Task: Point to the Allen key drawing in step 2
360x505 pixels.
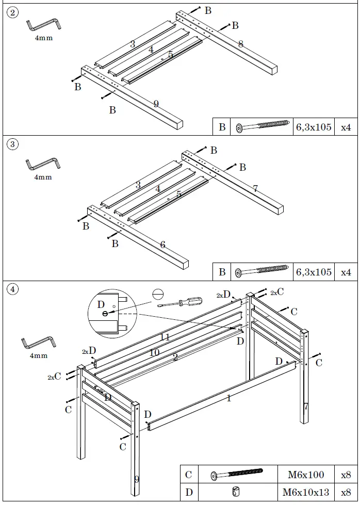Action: tap(43, 25)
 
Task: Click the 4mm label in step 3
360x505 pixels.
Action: tap(43, 177)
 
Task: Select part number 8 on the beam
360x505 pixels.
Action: tap(240, 44)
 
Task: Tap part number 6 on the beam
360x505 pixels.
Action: tap(162, 245)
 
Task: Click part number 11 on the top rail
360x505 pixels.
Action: tap(165, 337)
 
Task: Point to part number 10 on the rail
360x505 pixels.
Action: tap(154, 352)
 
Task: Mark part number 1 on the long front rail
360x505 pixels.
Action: tap(228, 398)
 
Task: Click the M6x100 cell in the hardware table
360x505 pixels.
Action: tap(306, 475)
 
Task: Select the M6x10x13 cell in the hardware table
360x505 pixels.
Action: tap(306, 492)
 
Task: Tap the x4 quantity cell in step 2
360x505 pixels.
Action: tap(346, 127)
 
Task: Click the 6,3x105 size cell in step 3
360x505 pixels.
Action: tap(314, 272)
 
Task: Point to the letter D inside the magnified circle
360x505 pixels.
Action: tap(101, 304)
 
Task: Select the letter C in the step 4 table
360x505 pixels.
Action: tap(189, 475)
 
